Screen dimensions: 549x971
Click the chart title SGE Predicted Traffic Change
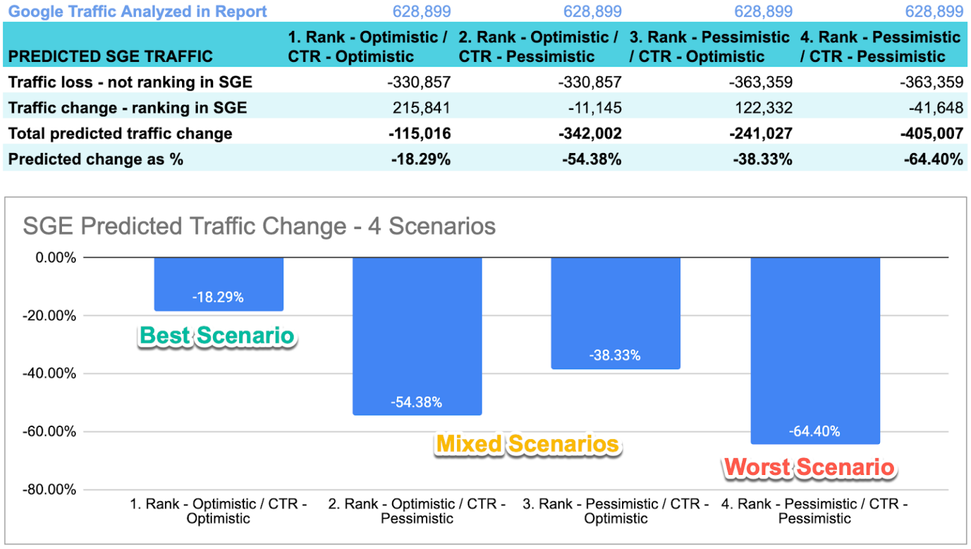259,226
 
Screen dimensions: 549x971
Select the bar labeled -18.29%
219,284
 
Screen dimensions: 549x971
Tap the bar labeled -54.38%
417,335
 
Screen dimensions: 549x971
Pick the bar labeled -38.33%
615,313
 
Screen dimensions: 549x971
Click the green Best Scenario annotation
217,336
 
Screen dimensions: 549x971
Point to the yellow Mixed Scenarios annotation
528,444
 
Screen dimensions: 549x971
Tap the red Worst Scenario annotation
809,467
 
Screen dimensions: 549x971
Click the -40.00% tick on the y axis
49,374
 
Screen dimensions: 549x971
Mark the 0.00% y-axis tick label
56,258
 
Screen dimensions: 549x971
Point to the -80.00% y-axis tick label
49,490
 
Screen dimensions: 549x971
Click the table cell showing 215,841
421,108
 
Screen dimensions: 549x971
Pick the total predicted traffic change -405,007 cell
932,133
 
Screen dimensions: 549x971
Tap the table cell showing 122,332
763,108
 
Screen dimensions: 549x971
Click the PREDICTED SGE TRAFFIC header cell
111,56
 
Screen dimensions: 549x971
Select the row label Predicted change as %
95,159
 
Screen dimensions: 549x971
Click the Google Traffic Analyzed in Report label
137,11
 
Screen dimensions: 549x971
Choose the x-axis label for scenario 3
615,511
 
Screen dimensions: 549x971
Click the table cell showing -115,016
420,133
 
